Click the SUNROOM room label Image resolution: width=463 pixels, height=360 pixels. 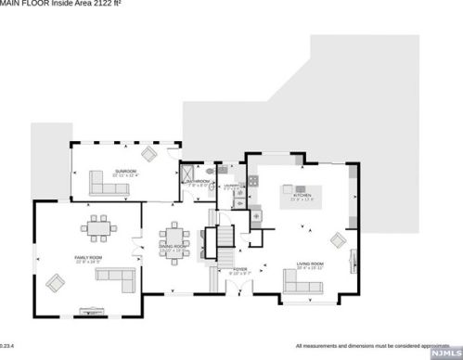pyautogui.click(x=125, y=172)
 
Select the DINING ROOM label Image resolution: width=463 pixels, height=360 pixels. pyautogui.click(x=173, y=250)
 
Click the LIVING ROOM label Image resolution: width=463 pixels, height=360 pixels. pyautogui.click(x=310, y=264)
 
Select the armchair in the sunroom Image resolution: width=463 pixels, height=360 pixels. pyautogui.click(x=149, y=153)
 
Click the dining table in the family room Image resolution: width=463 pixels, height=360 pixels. pyautogui.click(x=99, y=226)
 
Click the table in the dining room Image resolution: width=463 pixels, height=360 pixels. pyautogui.click(x=173, y=236)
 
